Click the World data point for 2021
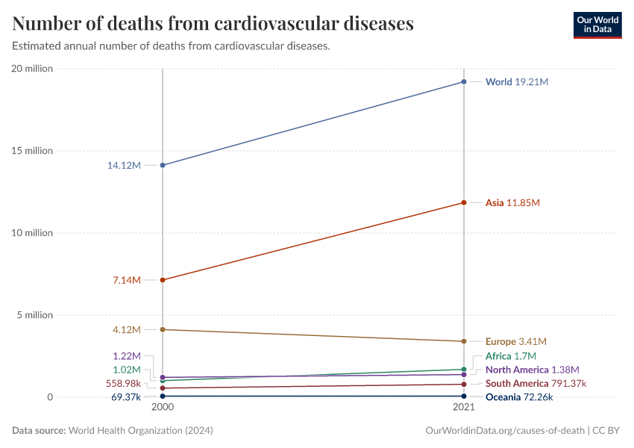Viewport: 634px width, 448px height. pos(464,81)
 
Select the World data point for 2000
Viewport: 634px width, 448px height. pos(163,165)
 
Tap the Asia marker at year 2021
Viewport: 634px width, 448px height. pos(464,202)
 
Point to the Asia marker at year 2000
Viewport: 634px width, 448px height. pos(163,280)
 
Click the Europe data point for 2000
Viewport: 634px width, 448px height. pos(163,329)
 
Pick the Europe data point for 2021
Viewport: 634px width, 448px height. pos(464,341)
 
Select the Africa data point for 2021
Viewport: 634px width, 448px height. pos(464,370)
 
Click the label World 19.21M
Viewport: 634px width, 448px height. pos(516,81)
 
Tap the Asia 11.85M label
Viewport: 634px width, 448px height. pos(512,202)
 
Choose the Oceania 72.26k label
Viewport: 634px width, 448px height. pos(518,397)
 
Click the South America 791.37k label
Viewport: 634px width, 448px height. pos(536,383)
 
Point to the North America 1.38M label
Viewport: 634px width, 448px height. pos(532,370)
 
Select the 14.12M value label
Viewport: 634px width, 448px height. pos(124,165)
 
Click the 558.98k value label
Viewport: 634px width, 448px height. pos(123,383)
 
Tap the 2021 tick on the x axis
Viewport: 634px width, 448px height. pos(464,408)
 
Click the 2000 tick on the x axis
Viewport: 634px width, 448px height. pos(163,408)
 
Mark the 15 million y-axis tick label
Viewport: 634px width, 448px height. pos(31,151)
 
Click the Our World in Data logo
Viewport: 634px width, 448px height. pos(597,25)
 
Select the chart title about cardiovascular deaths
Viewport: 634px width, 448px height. pos(213,24)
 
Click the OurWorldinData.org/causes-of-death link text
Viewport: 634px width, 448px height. pos(504,431)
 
